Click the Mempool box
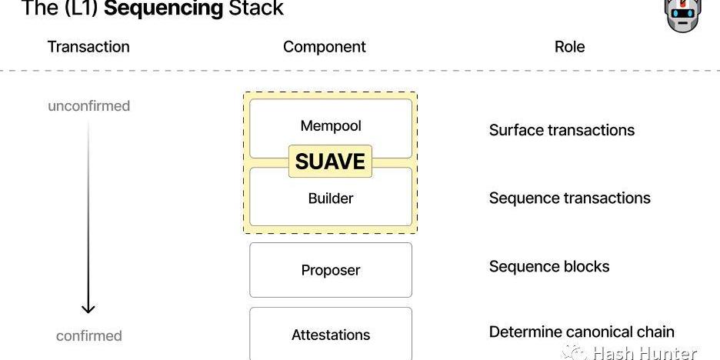[x=331, y=128]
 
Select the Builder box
[x=331, y=196]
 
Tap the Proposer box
[x=331, y=270]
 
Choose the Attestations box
[x=331, y=334]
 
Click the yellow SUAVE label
[x=330, y=162]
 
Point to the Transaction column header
[x=88, y=47]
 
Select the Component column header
[x=325, y=47]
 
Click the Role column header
[x=570, y=47]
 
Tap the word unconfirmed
[x=89, y=106]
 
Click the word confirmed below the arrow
[x=89, y=335]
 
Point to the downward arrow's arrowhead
[x=88, y=308]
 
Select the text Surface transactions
[x=562, y=130]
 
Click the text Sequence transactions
[x=570, y=198]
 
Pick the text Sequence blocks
[x=549, y=266]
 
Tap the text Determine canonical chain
[x=582, y=332]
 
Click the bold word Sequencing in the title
[x=164, y=8]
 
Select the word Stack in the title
[x=256, y=8]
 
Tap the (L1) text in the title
[x=82, y=8]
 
